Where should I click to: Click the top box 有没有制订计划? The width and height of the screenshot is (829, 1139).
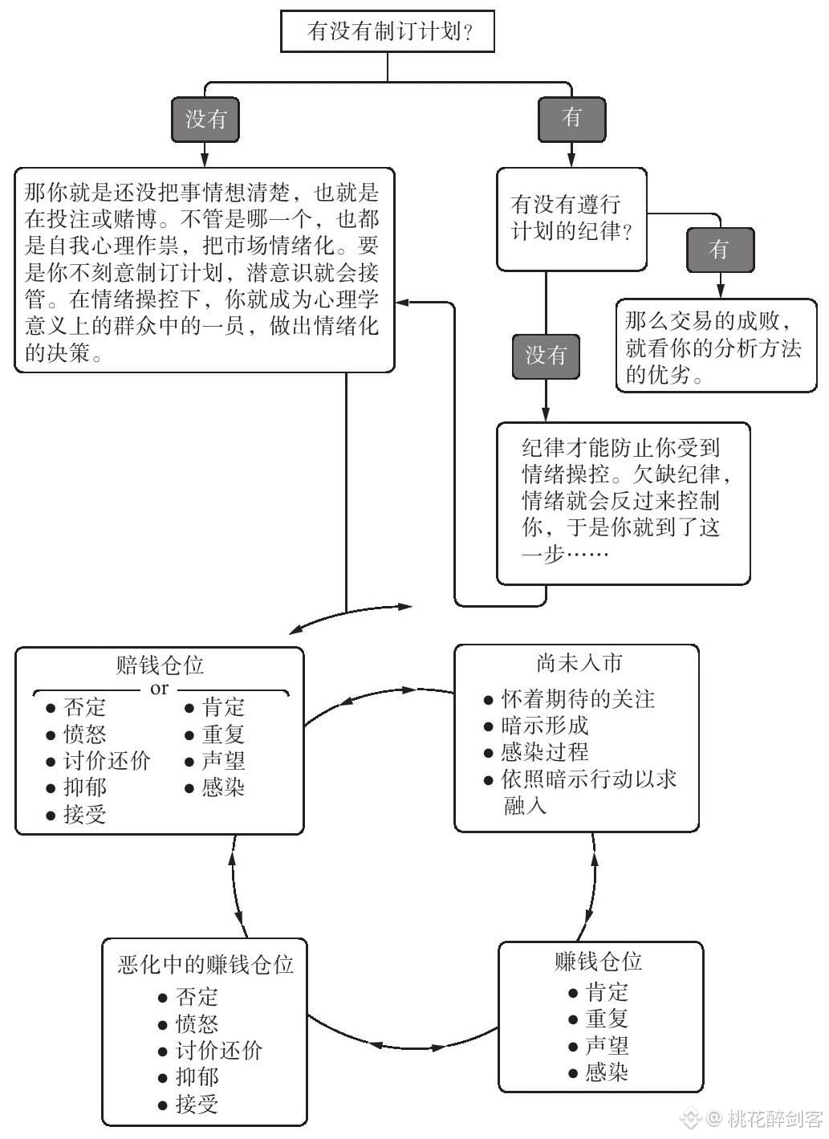388,31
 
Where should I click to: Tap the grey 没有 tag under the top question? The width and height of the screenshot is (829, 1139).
205,120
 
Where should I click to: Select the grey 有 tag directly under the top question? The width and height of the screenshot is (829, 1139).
572,120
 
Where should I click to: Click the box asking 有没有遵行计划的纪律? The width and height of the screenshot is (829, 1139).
571,219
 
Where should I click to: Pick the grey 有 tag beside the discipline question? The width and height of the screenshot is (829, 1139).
720,250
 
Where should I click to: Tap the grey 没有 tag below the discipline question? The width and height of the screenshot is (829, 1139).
546,356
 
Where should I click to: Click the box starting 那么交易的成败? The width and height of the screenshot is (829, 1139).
716,346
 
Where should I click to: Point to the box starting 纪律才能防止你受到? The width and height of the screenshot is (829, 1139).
623,503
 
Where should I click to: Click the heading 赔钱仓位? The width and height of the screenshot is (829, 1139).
161,665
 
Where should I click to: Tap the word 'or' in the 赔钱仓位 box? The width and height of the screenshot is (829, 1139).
159,689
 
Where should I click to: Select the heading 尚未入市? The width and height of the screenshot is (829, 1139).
579,662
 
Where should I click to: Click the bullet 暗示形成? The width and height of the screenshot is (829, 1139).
544,726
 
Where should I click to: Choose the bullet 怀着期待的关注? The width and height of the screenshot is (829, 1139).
578,699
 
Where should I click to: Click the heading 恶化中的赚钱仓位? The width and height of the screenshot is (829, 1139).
205,964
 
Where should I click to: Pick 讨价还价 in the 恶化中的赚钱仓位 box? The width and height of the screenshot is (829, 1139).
219,1051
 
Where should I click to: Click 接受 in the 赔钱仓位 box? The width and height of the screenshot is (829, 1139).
85,814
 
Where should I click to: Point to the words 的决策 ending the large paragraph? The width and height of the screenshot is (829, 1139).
58,352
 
